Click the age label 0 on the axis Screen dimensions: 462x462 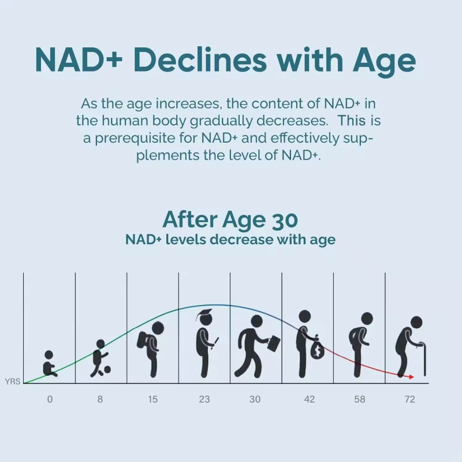[x=50, y=399]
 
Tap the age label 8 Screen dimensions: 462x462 [x=100, y=399]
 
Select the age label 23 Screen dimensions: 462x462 [x=204, y=399]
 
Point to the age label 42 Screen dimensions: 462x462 [x=310, y=399]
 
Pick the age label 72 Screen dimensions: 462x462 [x=409, y=399]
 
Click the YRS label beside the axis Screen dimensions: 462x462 [x=12, y=382]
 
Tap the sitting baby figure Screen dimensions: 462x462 [x=50, y=364]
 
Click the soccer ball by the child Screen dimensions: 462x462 [x=107, y=370]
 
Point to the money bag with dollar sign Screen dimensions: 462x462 [x=317, y=349]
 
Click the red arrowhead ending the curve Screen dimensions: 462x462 [x=411, y=377]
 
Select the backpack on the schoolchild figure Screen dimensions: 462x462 [x=143, y=340]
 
